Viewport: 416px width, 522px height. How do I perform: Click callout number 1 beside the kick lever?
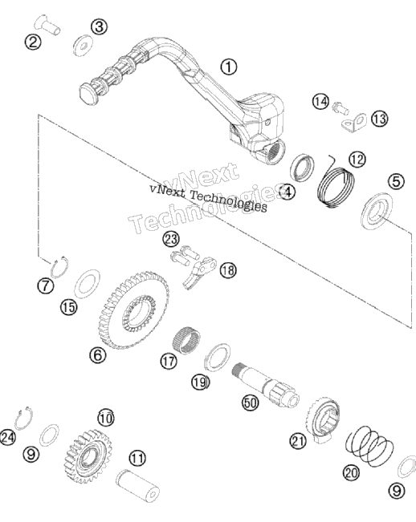[x=229, y=67]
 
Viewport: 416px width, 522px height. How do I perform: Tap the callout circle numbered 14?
[x=320, y=101]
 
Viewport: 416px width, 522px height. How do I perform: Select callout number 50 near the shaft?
[x=250, y=403]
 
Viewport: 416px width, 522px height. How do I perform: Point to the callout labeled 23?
[x=171, y=239]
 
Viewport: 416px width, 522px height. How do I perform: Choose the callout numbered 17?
[x=169, y=361]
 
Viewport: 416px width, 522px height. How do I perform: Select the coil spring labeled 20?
[x=369, y=446]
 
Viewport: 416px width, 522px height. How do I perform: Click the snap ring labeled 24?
[x=23, y=418]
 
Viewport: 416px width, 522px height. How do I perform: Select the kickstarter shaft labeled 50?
[x=265, y=384]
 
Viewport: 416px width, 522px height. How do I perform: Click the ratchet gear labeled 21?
[x=323, y=419]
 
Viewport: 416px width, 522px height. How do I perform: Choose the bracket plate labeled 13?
[x=354, y=122]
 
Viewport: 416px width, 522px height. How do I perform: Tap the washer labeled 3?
[x=83, y=45]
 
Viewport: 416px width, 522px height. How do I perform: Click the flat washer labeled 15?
[x=87, y=284]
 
